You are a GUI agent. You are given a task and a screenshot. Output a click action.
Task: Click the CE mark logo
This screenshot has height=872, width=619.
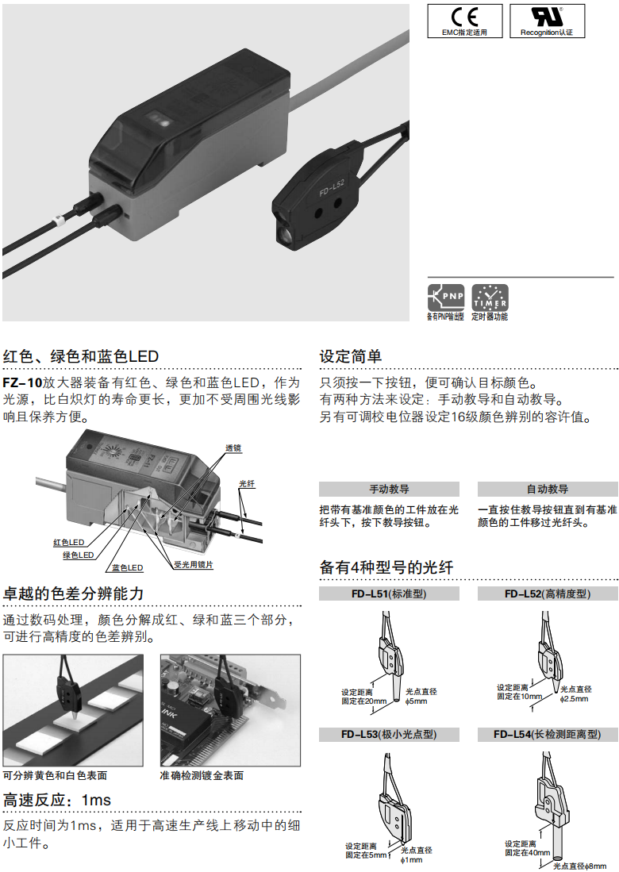pos(465,17)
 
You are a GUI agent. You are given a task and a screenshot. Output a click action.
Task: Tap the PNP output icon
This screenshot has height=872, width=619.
pos(445,298)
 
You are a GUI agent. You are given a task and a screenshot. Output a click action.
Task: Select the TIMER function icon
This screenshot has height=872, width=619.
pos(490,298)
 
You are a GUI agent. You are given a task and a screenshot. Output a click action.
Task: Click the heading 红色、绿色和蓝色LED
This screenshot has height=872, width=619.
pos(81,355)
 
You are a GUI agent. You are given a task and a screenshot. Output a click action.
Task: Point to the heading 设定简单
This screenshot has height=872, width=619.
pos(351,355)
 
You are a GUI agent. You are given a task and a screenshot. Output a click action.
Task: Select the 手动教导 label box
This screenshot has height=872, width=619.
pos(389,489)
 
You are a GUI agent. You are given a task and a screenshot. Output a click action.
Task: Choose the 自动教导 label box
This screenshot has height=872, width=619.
pos(547,489)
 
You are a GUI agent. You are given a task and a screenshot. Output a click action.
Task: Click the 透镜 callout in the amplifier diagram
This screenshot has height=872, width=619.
pos(233,448)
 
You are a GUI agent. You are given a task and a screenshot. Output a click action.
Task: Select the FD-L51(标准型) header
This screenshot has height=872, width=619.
pos(389,593)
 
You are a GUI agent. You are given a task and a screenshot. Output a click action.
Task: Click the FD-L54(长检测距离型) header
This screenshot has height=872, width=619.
pos(547,735)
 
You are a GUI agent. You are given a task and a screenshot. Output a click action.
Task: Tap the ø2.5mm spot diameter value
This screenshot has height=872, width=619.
pos(575,698)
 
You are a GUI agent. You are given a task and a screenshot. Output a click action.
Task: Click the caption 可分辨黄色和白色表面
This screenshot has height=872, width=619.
pos(55,775)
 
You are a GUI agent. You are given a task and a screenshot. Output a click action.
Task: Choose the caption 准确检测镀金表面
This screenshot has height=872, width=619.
pos(202,775)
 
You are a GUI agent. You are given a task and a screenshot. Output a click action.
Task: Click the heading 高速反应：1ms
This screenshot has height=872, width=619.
pos(57,799)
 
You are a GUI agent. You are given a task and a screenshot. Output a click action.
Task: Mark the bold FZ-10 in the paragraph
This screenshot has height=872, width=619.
pos(22,382)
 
